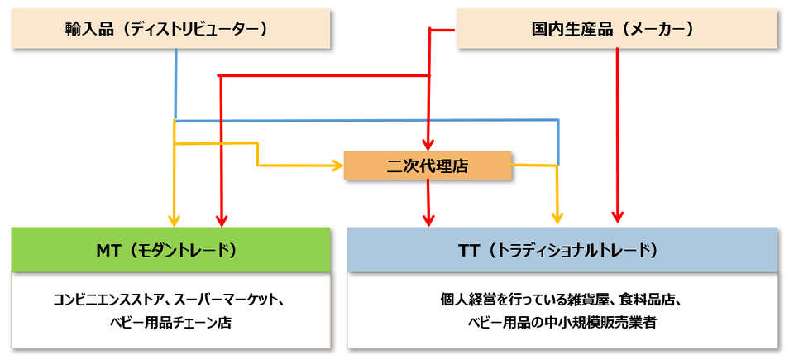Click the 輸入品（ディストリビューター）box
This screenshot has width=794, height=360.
(x=170, y=29)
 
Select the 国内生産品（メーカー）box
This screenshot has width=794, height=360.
(x=617, y=29)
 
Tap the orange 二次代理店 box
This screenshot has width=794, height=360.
(x=428, y=166)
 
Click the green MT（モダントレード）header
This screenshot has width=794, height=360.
(x=170, y=249)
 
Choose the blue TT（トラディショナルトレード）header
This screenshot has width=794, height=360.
(x=562, y=249)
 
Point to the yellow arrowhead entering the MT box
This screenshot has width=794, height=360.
(x=175, y=220)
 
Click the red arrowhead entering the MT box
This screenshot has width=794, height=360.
(x=221, y=220)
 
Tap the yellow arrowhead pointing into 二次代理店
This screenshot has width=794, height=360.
(x=337, y=166)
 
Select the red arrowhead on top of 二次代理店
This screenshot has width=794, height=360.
(x=428, y=146)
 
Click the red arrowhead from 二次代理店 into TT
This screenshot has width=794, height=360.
(x=428, y=220)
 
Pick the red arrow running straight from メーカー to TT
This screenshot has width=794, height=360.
(x=617, y=132)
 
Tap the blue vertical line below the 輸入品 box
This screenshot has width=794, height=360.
(x=175, y=83)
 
